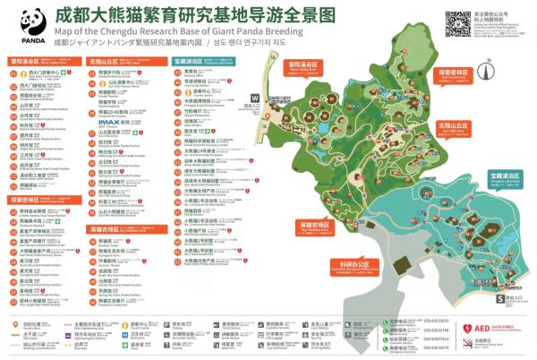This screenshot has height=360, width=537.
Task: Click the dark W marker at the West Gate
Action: coord(256,98)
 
